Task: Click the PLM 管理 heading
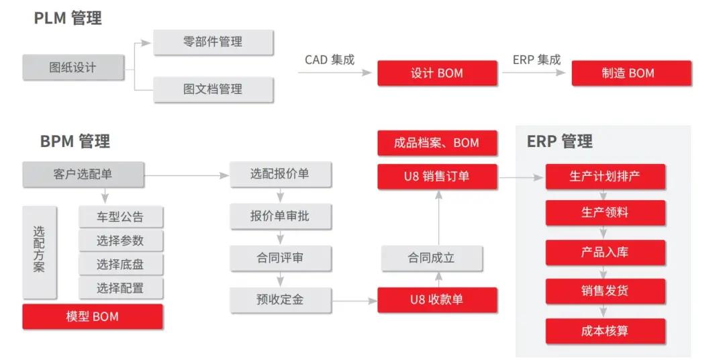pos(68,18)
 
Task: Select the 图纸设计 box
pos(73,67)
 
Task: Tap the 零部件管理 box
pos(213,42)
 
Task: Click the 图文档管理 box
pos(213,89)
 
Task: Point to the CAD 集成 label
pos(329,60)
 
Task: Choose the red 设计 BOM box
pos(437,73)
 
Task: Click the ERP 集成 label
pos(536,60)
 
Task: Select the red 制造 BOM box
pos(631,73)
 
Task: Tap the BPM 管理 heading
pos(75,141)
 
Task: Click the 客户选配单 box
pos(83,175)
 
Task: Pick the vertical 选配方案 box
pos(39,252)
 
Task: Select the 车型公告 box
pos(121,218)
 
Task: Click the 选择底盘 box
pos(121,264)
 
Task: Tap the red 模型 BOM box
pos(93,316)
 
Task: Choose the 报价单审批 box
pos(280,216)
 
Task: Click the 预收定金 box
pos(280,300)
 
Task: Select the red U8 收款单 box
pos(437,300)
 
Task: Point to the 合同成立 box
pos(432,258)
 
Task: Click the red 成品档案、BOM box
pos(437,143)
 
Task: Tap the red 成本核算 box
pos(605,331)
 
